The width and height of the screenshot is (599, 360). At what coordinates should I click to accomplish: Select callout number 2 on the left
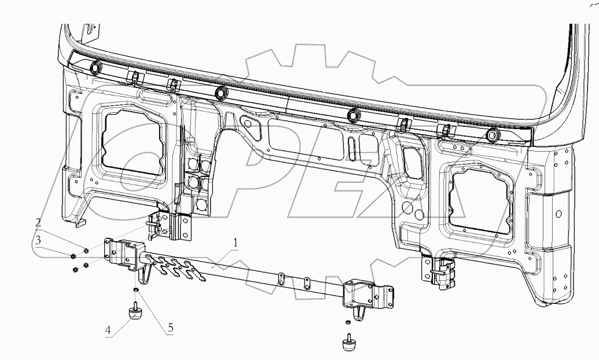click(x=38, y=222)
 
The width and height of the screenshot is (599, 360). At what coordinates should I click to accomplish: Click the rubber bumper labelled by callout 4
click(x=135, y=313)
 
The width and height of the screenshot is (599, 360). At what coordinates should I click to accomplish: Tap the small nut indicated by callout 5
click(x=135, y=289)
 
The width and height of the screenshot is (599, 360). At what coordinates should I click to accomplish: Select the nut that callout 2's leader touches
click(x=86, y=251)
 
